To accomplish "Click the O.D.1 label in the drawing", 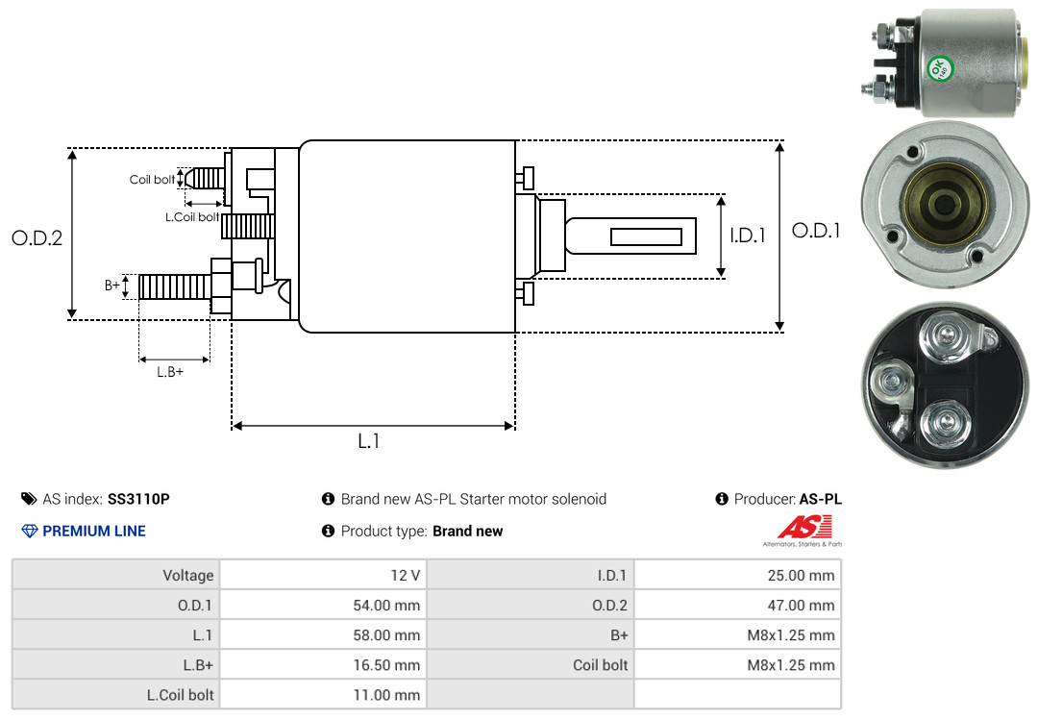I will point(815,231).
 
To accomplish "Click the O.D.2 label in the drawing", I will point(37,237).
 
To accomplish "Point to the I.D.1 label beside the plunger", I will point(747,235).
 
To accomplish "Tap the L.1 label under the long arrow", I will point(369,441).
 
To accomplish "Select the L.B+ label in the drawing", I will point(169,371).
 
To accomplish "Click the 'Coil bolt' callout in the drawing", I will point(152,180).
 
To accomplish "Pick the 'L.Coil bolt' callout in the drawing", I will point(191,217).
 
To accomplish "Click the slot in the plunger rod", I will point(646,236).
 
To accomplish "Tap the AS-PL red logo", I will point(804,528).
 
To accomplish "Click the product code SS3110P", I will point(138,499).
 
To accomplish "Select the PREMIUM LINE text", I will point(94,531).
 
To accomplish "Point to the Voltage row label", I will point(187,576).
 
